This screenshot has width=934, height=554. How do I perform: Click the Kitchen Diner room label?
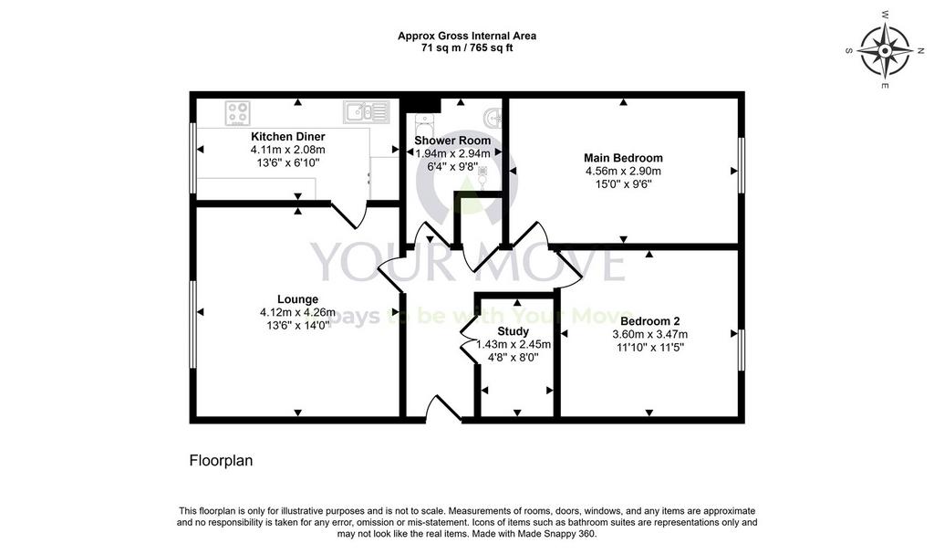[x=287, y=137]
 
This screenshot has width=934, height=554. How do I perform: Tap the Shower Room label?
[x=452, y=141]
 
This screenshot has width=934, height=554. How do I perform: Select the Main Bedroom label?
[x=623, y=158]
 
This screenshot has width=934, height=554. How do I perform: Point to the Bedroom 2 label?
[x=649, y=321]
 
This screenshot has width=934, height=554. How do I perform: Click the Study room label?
[x=513, y=331]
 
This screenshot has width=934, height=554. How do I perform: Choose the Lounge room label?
[x=298, y=299]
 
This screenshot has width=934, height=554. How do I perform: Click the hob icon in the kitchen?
[x=238, y=113]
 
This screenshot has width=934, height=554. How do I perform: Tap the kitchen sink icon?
[x=367, y=112]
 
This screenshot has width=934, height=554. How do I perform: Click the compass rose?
[x=885, y=51]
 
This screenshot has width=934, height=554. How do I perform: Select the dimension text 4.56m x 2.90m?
[x=623, y=172]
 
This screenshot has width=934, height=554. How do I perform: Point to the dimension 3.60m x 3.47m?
[x=649, y=335]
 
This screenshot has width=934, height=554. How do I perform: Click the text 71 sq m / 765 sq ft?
[x=467, y=48]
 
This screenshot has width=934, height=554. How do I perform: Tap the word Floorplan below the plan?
[x=221, y=461]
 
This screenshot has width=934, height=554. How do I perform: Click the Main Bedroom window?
[x=742, y=165]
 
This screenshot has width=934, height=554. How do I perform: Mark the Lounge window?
[x=193, y=325]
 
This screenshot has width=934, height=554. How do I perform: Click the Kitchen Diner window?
[x=193, y=158]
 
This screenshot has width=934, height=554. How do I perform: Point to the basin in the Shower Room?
[x=493, y=118]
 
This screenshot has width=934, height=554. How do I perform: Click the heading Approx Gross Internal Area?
[x=467, y=36]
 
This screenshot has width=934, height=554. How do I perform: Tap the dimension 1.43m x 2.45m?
[x=514, y=345]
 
